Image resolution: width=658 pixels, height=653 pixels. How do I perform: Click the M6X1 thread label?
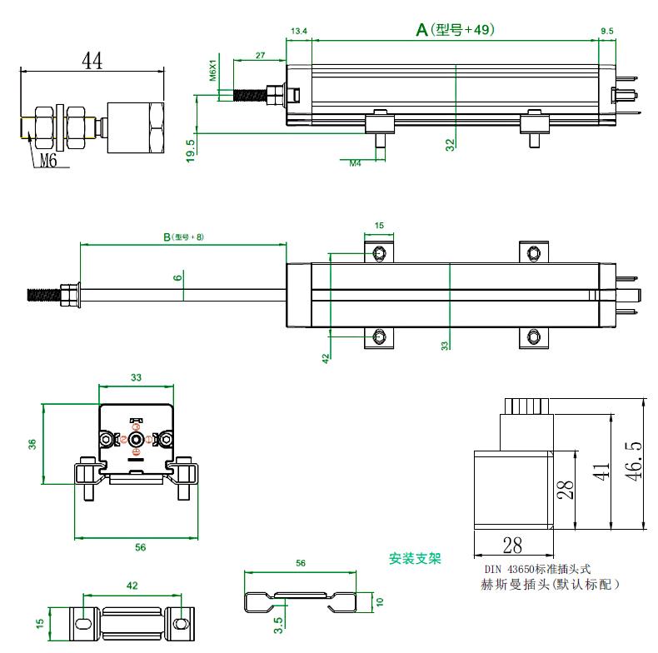(x=212, y=72)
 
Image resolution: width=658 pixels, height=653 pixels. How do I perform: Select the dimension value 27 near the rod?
(x=259, y=55)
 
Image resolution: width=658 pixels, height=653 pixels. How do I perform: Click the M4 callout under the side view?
(x=354, y=163)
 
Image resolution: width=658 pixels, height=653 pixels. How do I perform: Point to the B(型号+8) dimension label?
(x=182, y=237)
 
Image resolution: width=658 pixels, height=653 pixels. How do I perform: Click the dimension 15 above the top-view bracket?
(x=379, y=226)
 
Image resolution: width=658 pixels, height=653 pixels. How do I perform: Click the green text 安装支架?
(x=415, y=558)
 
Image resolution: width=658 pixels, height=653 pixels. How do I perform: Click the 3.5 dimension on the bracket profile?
(x=277, y=622)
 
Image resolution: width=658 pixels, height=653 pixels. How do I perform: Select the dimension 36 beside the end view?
(x=32, y=444)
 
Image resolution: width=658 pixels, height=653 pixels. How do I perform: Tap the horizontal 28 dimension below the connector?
(x=512, y=546)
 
